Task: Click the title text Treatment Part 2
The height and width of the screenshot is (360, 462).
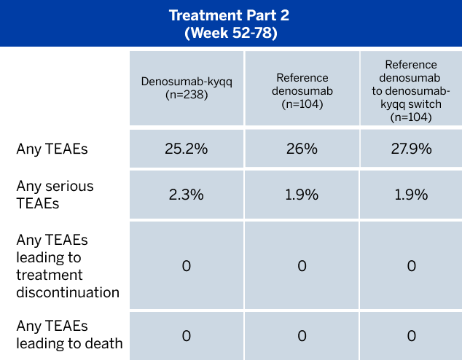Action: click(230, 15)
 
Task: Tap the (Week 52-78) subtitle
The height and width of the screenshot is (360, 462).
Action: click(230, 33)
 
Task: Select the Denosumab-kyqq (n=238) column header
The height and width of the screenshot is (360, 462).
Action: click(186, 87)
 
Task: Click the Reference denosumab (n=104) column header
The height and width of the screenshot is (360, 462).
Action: click(302, 91)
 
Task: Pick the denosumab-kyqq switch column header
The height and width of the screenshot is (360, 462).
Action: click(412, 91)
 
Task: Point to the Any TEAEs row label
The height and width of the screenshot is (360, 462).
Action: click(52, 149)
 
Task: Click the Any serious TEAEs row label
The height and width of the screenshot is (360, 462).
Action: click(55, 195)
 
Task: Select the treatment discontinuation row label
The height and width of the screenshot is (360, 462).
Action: click(68, 266)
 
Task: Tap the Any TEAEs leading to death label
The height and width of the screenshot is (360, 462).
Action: click(69, 336)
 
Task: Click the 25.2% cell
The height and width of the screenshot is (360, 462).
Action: click(186, 149)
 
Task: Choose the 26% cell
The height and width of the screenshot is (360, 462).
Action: click(302, 149)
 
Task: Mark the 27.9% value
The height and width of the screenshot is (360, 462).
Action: click(412, 149)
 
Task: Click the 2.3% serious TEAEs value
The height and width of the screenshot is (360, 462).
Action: click(186, 195)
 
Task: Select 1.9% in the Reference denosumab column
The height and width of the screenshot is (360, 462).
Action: click(302, 195)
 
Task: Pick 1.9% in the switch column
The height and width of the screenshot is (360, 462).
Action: click(412, 195)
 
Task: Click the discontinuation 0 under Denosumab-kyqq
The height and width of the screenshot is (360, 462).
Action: click(186, 266)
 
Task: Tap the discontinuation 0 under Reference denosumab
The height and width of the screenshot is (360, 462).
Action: click(302, 266)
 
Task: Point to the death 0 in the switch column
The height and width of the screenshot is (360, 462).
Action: click(412, 336)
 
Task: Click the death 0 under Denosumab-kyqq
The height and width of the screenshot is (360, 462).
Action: click(186, 336)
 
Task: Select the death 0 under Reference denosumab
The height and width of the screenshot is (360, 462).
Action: click(302, 336)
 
